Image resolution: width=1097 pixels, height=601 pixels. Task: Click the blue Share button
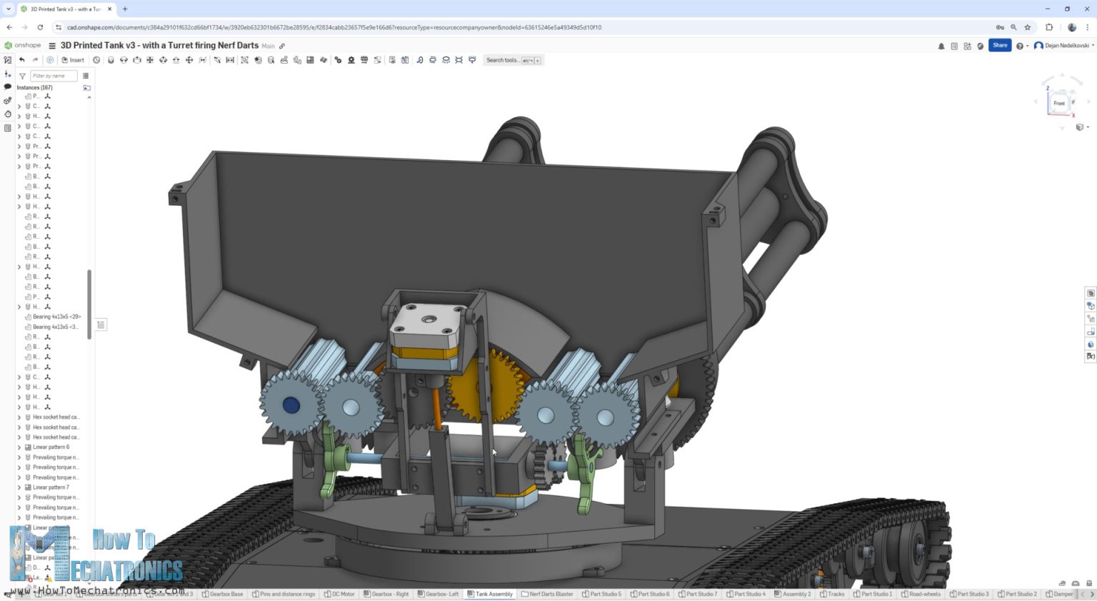(1000, 45)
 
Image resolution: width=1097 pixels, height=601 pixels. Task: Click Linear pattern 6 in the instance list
(51, 447)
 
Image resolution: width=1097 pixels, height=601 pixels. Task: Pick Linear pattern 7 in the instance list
(51, 487)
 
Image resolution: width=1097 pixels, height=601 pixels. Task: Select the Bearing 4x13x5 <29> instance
(56, 317)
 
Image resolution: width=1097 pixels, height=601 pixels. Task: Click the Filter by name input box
(53, 76)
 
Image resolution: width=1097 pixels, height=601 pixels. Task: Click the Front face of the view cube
(1058, 104)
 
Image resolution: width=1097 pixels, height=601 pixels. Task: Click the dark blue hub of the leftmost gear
(291, 405)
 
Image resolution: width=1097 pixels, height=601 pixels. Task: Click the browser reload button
(40, 27)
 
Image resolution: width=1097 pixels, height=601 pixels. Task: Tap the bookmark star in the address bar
(1028, 27)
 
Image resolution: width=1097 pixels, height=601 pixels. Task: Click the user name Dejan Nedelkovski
(1067, 46)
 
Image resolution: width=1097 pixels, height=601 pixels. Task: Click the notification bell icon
(941, 46)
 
